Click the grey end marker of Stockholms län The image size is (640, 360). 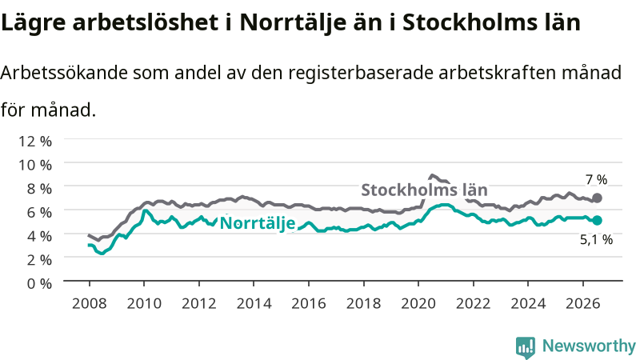597,198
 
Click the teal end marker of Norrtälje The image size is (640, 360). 597,221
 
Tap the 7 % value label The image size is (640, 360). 596,179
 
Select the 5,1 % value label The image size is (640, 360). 596,239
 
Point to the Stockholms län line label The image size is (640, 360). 424,190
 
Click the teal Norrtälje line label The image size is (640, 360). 258,223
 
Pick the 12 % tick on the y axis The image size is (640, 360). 35,142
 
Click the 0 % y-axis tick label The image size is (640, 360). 39,283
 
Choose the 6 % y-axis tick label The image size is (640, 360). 39,212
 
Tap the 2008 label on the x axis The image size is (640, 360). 90,304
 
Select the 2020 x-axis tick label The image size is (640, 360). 418,304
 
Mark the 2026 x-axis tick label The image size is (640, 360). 583,304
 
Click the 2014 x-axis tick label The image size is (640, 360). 254,304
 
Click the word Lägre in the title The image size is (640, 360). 34,23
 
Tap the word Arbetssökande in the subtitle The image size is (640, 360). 64,73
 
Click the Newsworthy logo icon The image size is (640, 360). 526,347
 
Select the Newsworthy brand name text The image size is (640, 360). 589,346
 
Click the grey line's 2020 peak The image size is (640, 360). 431,175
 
